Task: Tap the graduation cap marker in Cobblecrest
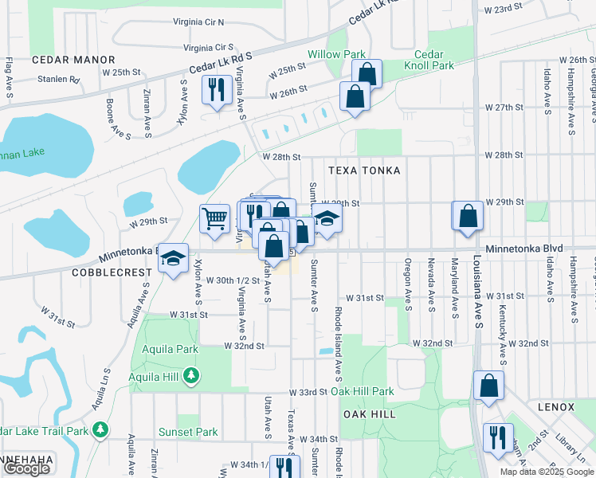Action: pos(173,258)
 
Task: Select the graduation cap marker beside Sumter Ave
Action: pos(326,219)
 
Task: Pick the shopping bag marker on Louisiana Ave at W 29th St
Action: pos(468,216)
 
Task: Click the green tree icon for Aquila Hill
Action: pos(190,374)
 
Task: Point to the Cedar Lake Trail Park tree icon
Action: pos(100,431)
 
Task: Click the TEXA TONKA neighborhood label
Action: pos(362,170)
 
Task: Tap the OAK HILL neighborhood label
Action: pos(369,414)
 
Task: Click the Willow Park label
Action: pos(338,55)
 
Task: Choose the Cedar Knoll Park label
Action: pos(433,61)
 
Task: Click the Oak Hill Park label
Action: pos(363,391)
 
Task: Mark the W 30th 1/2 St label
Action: pos(233,280)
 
